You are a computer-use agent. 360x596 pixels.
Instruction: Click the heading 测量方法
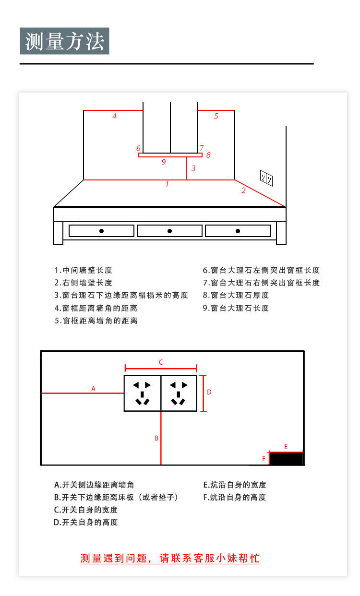tap(65, 41)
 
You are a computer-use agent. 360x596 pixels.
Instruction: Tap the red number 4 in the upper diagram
tap(114, 116)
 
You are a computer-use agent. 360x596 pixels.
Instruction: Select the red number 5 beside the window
tap(216, 116)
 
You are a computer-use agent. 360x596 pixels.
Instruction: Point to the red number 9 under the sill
tap(164, 162)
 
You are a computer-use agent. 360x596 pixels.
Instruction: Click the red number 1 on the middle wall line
tap(167, 184)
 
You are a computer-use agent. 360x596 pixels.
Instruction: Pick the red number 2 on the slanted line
tap(243, 191)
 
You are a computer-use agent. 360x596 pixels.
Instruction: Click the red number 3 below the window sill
tap(193, 168)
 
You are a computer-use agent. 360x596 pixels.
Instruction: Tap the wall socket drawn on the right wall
tap(266, 178)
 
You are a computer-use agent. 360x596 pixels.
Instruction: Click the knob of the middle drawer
tap(169, 231)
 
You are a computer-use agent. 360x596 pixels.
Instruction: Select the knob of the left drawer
tap(101, 231)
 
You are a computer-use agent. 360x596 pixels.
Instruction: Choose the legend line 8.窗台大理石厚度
tap(236, 295)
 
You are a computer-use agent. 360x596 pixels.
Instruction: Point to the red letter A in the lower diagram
tap(94, 389)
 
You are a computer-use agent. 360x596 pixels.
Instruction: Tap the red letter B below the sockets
tap(156, 438)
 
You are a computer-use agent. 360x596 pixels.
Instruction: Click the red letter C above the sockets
tap(161, 362)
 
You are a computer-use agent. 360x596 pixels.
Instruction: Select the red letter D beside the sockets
tap(209, 392)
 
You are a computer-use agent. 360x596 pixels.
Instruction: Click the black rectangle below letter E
tap(287, 459)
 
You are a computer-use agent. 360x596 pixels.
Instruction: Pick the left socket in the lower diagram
tap(142, 393)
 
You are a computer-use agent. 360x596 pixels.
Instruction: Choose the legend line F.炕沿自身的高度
tap(234, 497)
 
